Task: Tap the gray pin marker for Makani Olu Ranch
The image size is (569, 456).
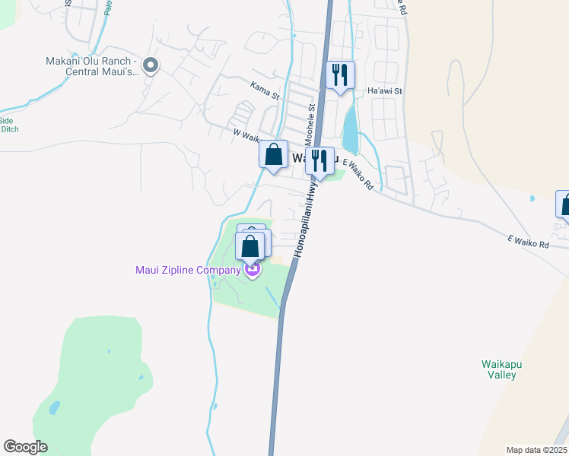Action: tap(151, 66)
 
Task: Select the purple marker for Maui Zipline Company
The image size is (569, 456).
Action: tap(253, 269)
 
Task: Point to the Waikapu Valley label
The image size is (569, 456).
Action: tap(499, 369)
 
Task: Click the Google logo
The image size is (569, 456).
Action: tap(25, 447)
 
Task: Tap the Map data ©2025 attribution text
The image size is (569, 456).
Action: tap(536, 450)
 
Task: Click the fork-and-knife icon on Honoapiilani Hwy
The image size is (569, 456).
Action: tap(319, 161)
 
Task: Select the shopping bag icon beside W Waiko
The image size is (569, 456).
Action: tap(273, 154)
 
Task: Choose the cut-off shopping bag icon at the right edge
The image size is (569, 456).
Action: tap(564, 204)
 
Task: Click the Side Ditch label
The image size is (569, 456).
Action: tap(8, 125)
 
